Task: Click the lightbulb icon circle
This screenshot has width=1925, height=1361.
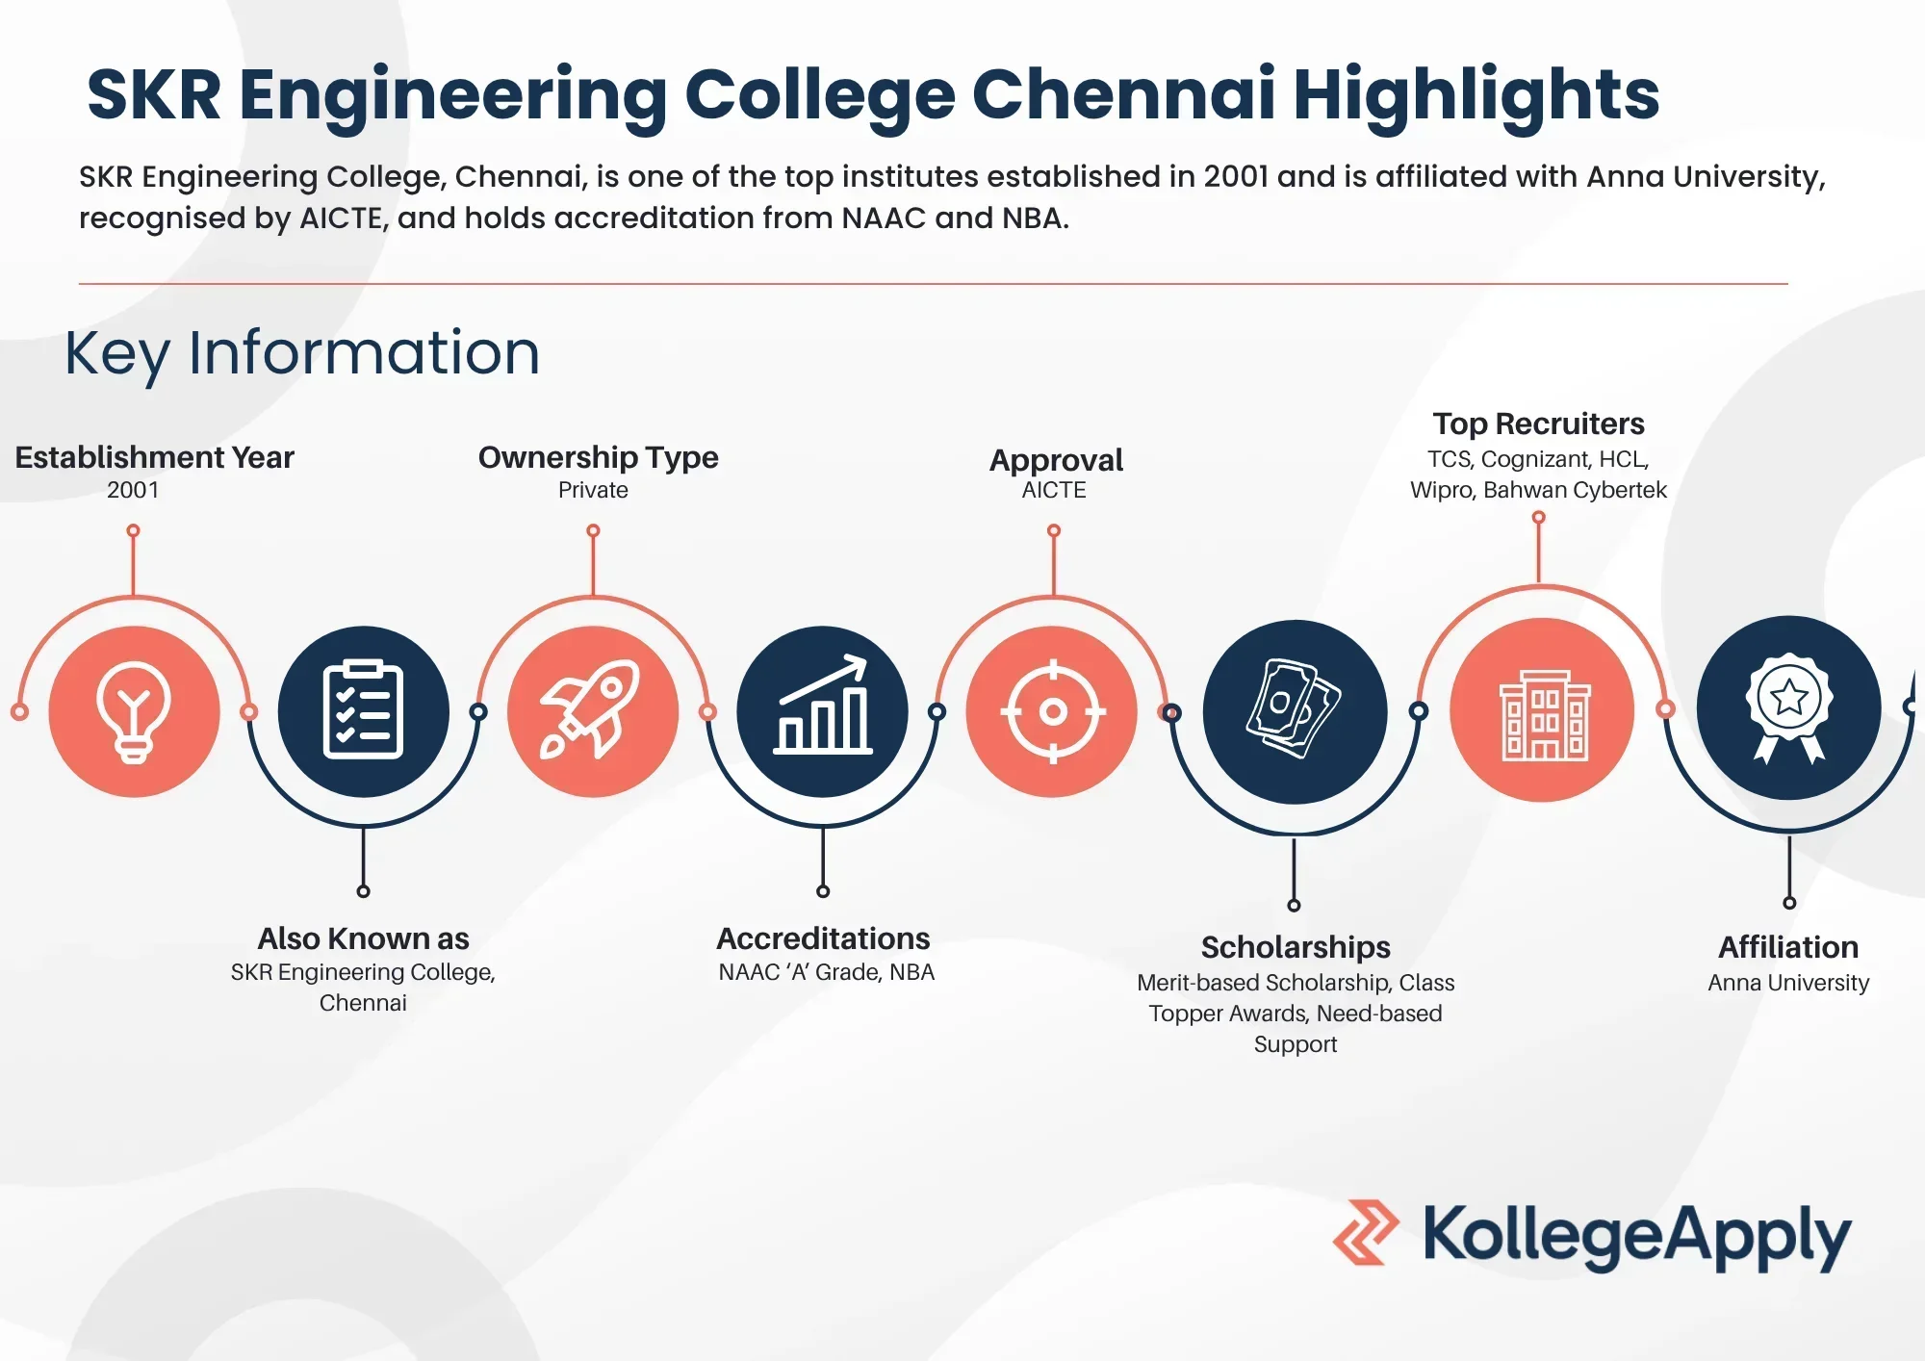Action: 134,711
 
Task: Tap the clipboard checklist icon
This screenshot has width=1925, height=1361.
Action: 363,711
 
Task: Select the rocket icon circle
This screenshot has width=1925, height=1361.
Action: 593,711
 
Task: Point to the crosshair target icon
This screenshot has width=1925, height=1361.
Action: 1052,711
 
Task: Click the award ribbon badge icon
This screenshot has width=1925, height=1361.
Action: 1788,707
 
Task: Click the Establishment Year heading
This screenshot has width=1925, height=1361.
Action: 154,457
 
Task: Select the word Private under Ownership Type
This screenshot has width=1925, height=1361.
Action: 593,490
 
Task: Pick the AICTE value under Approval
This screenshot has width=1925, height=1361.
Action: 1054,490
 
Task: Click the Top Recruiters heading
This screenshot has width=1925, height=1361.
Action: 1538,424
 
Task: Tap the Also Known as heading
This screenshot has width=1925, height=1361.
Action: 363,938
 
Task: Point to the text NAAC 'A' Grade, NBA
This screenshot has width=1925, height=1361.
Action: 826,972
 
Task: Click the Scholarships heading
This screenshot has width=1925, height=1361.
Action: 1296,948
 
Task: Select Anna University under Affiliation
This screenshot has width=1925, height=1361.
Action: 1788,983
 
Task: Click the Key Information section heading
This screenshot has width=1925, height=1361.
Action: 302,353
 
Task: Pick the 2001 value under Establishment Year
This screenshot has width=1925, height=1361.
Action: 133,490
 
